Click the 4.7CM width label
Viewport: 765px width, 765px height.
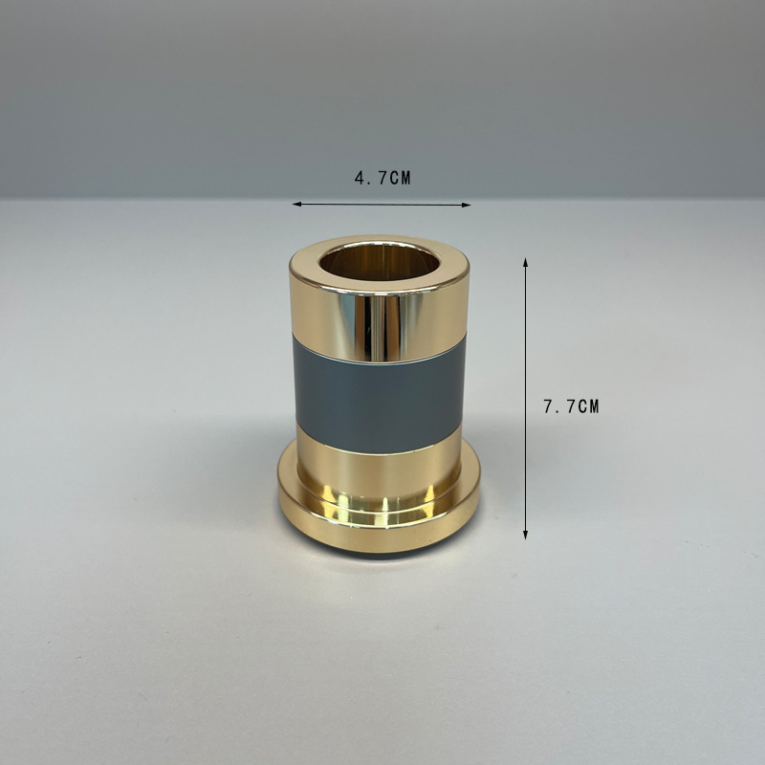tap(382, 178)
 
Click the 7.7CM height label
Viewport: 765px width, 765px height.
tap(571, 406)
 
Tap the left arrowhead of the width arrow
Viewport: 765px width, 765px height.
tap(295, 204)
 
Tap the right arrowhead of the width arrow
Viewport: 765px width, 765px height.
tap(467, 205)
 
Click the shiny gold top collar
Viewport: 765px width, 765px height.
tap(379, 322)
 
